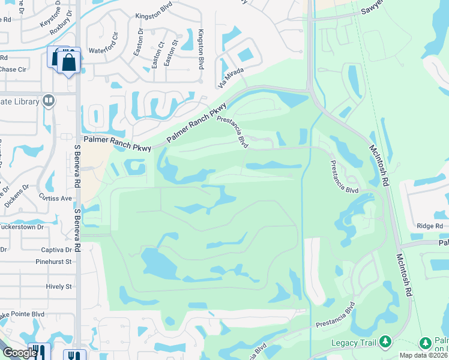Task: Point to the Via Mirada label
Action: (231, 76)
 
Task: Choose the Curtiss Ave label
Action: (56, 198)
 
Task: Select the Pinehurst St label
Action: (53, 262)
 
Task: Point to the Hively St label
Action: (59, 287)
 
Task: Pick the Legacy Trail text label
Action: (354, 343)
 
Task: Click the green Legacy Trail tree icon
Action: (385, 342)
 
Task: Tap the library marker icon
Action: (49, 101)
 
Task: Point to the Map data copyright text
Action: (423, 355)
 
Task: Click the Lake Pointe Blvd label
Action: (22, 314)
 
